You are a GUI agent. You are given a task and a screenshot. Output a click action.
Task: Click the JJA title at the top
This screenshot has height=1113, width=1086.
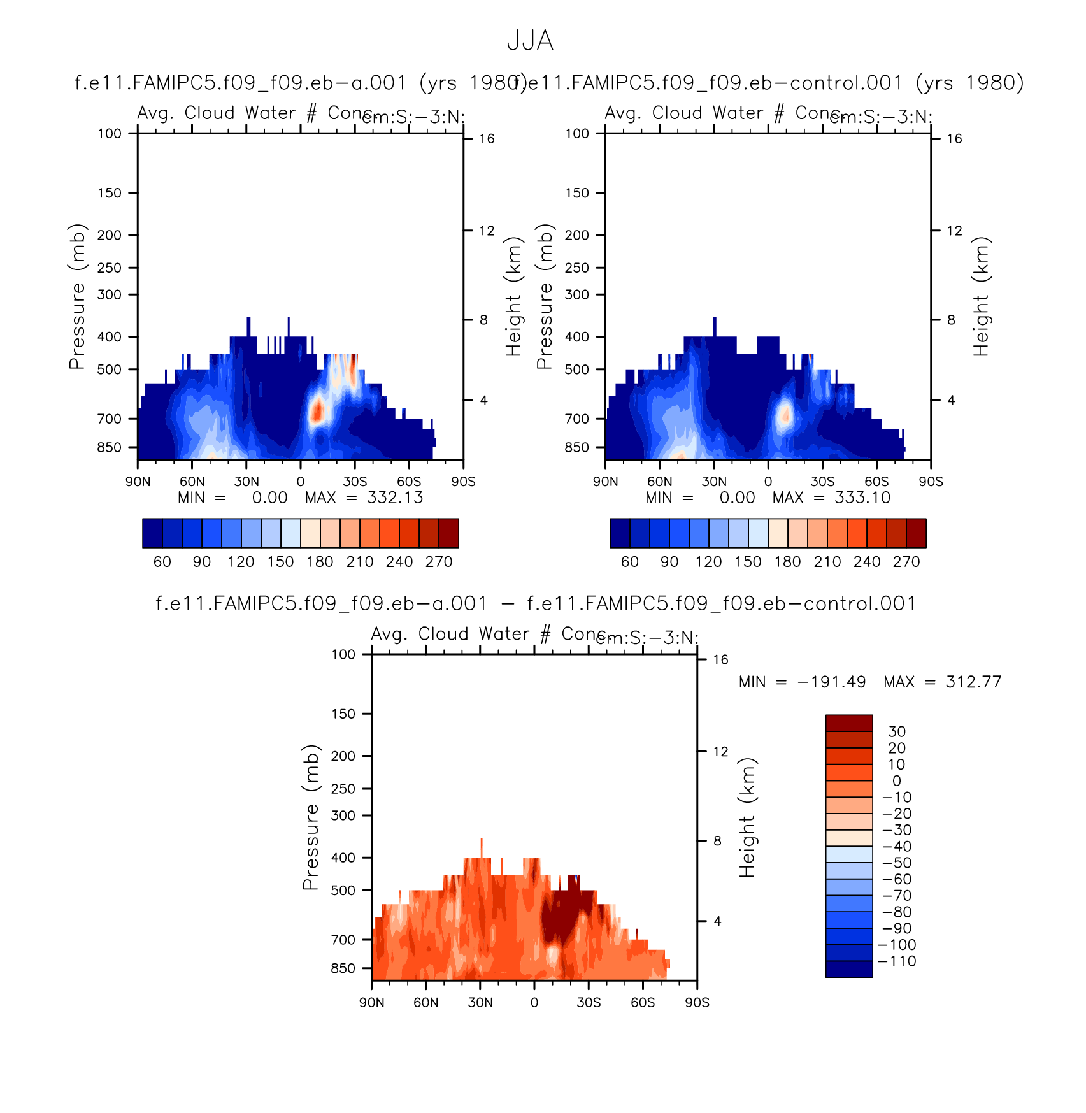pos(530,41)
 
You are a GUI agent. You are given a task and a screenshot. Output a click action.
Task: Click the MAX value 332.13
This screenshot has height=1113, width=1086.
pos(395,498)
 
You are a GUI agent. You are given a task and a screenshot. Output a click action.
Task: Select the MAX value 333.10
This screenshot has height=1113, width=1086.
pos(862,498)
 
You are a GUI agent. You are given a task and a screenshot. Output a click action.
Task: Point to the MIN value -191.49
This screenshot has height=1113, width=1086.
pos(831,682)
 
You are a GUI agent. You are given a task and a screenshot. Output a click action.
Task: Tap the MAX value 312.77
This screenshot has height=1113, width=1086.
pos(973,682)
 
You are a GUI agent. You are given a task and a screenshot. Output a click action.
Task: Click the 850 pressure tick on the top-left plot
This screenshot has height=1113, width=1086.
pos(110,447)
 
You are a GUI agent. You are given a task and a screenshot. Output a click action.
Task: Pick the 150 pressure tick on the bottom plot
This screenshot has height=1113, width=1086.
pos(343,714)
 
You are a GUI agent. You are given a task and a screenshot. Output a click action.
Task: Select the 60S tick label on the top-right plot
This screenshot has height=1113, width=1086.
pos(876,482)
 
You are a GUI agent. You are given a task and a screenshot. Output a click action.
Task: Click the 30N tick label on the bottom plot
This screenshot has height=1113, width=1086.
pos(480,1003)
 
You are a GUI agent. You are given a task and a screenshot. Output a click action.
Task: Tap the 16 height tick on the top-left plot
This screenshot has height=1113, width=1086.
pos(487,139)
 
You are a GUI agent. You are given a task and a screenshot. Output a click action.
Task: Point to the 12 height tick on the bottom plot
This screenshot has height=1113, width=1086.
pos(720,752)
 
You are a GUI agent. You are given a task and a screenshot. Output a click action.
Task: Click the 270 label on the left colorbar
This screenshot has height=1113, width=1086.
pos(439,562)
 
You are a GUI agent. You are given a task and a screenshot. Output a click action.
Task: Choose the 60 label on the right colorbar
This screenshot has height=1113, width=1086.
pos(630,562)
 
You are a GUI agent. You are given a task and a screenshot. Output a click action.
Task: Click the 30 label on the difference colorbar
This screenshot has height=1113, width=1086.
pos(897,732)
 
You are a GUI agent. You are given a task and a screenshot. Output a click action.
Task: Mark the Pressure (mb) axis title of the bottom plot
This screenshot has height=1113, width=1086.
pos(310,817)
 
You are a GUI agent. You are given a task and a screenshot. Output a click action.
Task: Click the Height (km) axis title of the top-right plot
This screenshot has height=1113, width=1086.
pos(981,296)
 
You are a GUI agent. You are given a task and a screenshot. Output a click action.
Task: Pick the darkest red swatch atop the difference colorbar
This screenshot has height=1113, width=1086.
pos(849,723)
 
